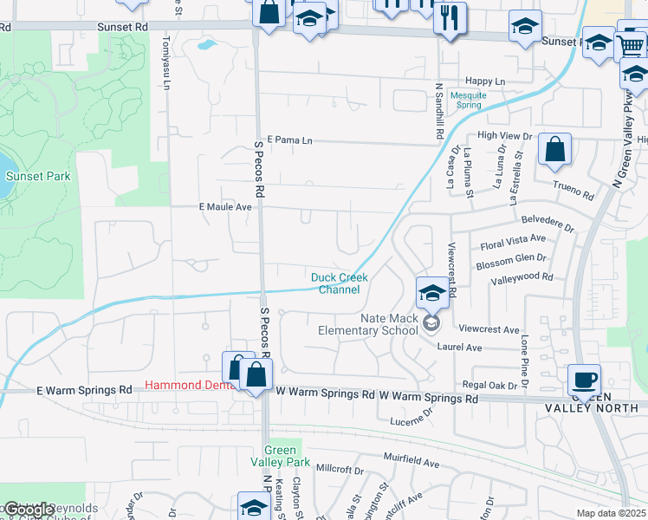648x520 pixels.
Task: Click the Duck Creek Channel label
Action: coord(340,283)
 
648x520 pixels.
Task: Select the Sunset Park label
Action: coord(37,176)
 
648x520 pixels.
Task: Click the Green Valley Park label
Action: coord(280,456)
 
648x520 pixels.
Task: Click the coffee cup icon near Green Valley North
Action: coord(583,379)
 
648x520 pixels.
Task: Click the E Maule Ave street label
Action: coord(225,207)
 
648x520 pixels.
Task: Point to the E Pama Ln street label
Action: coord(289,140)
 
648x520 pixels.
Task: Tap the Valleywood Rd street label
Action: coord(522,277)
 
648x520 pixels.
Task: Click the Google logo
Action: coord(29,510)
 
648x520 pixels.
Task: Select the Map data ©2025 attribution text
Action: coord(611,513)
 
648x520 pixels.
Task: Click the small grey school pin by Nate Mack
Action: coord(431,324)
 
